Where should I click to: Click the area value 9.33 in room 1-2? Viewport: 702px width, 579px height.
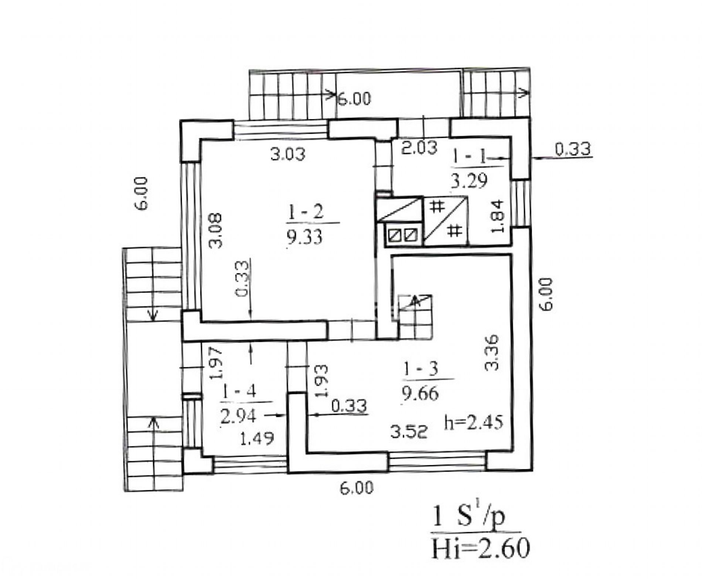304,236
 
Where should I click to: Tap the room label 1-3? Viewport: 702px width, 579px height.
420,369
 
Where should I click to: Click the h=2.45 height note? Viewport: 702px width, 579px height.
474,422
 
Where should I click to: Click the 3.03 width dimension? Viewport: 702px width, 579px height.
288,154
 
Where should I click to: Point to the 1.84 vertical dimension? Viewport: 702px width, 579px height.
498,216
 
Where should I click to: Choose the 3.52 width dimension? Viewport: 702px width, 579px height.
409,431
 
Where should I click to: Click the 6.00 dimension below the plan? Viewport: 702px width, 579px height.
357,488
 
